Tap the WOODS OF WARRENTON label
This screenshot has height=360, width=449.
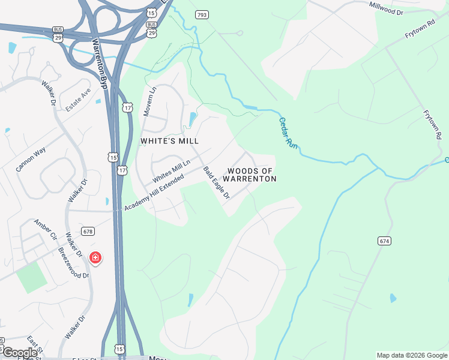250,175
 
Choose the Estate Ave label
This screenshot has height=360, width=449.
77,99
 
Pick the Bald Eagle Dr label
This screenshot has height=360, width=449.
217,182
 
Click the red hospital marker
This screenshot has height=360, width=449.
95,258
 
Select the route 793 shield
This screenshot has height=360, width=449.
202,14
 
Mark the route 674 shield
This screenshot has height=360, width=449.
385,241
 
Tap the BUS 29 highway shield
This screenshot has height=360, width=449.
58,33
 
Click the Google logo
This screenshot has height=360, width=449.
19,352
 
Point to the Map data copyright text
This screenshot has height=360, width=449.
412,355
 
